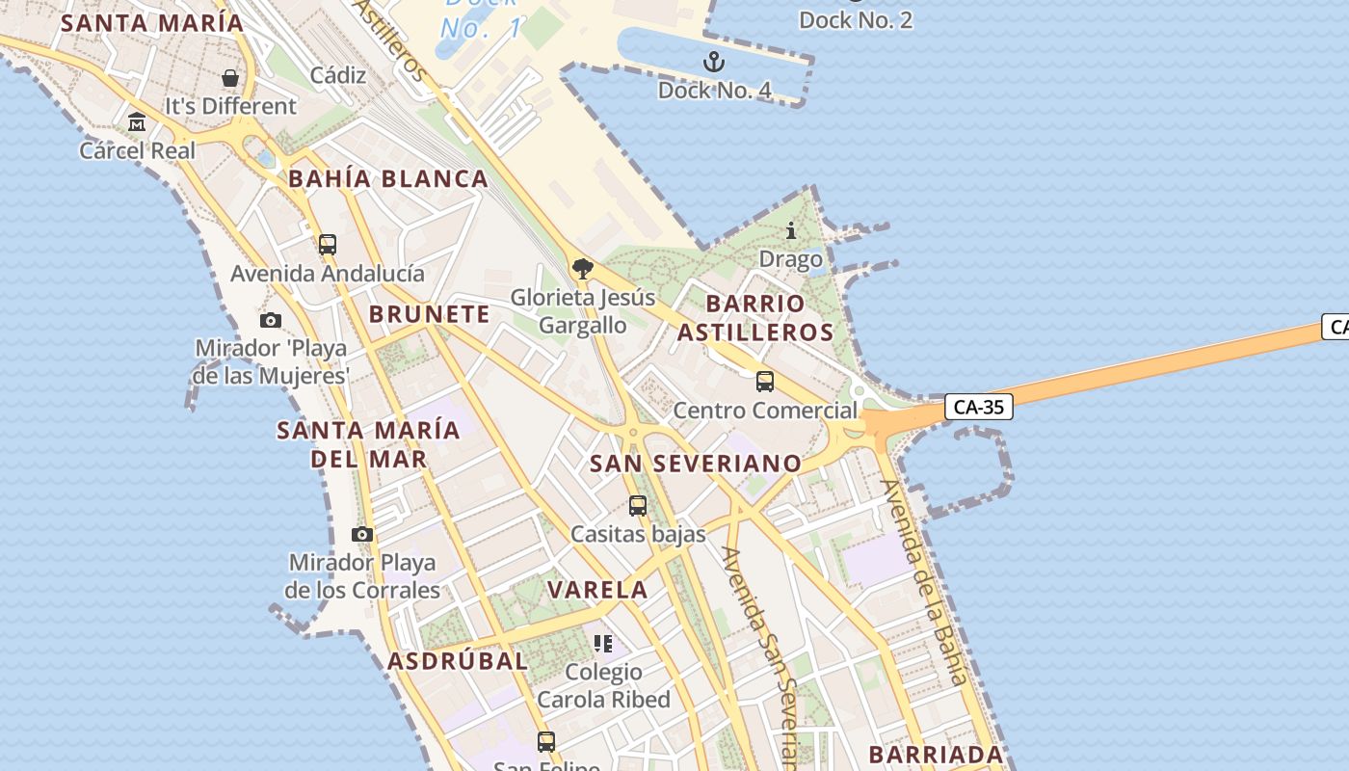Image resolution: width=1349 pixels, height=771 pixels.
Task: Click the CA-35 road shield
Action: [978, 407]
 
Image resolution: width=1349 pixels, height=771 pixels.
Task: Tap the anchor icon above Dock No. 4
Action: [713, 63]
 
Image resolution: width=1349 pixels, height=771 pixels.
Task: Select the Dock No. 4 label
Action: [714, 91]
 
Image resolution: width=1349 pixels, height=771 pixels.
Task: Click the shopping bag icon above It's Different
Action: [230, 78]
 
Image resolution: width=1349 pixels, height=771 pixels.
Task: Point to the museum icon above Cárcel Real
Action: [137, 122]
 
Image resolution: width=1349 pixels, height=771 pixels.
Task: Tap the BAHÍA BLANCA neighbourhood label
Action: [388, 178]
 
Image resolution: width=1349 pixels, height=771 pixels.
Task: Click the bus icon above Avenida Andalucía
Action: [328, 245]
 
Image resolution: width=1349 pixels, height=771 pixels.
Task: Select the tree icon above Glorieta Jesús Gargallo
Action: [582, 269]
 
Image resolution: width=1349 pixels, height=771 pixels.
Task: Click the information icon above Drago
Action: [791, 230]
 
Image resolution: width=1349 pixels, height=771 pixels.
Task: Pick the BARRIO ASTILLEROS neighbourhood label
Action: [754, 318]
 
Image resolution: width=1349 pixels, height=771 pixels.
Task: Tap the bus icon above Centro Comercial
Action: [765, 382]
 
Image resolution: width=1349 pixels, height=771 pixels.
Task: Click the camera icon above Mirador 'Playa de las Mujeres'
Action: [271, 320]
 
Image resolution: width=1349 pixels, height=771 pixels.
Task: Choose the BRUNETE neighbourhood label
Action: [430, 314]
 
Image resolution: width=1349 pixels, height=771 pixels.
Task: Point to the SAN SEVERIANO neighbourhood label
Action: [695, 464]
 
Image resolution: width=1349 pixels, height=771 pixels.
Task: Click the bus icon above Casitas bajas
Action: [638, 505]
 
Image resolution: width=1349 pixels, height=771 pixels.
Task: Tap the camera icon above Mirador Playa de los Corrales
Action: [362, 534]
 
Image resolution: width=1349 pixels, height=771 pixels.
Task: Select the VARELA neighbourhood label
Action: [597, 590]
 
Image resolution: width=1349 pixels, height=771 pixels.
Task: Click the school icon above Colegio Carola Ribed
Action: [603, 643]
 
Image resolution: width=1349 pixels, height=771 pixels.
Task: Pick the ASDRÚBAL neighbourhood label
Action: [458, 661]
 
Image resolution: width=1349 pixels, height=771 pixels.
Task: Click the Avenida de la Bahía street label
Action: [924, 582]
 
